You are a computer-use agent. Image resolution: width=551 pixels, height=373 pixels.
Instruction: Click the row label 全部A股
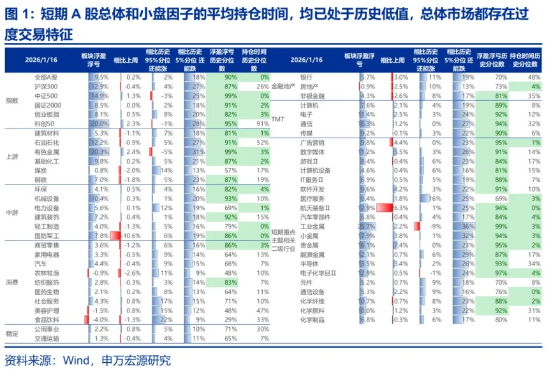pyautogui.click(x=46, y=76)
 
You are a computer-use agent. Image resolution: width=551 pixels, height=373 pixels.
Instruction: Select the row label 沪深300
pyautogui.click(x=46, y=86)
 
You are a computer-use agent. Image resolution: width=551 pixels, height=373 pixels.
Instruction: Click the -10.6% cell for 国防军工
pyautogui.click(x=132, y=236)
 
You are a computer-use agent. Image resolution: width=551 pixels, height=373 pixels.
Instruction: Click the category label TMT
pyautogui.click(x=278, y=119)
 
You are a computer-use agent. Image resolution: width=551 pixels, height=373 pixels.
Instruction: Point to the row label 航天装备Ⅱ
pyautogui.click(x=316, y=208)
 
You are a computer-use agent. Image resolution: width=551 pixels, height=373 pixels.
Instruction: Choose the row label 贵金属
pyautogui.click(x=309, y=245)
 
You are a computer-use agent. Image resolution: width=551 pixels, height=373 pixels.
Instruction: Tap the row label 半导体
pyautogui.click(x=309, y=264)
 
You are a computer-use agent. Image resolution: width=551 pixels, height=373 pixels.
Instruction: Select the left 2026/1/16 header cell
pyautogui.click(x=41, y=60)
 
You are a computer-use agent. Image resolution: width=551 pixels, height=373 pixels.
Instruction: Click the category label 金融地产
pyautogui.click(x=283, y=86)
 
